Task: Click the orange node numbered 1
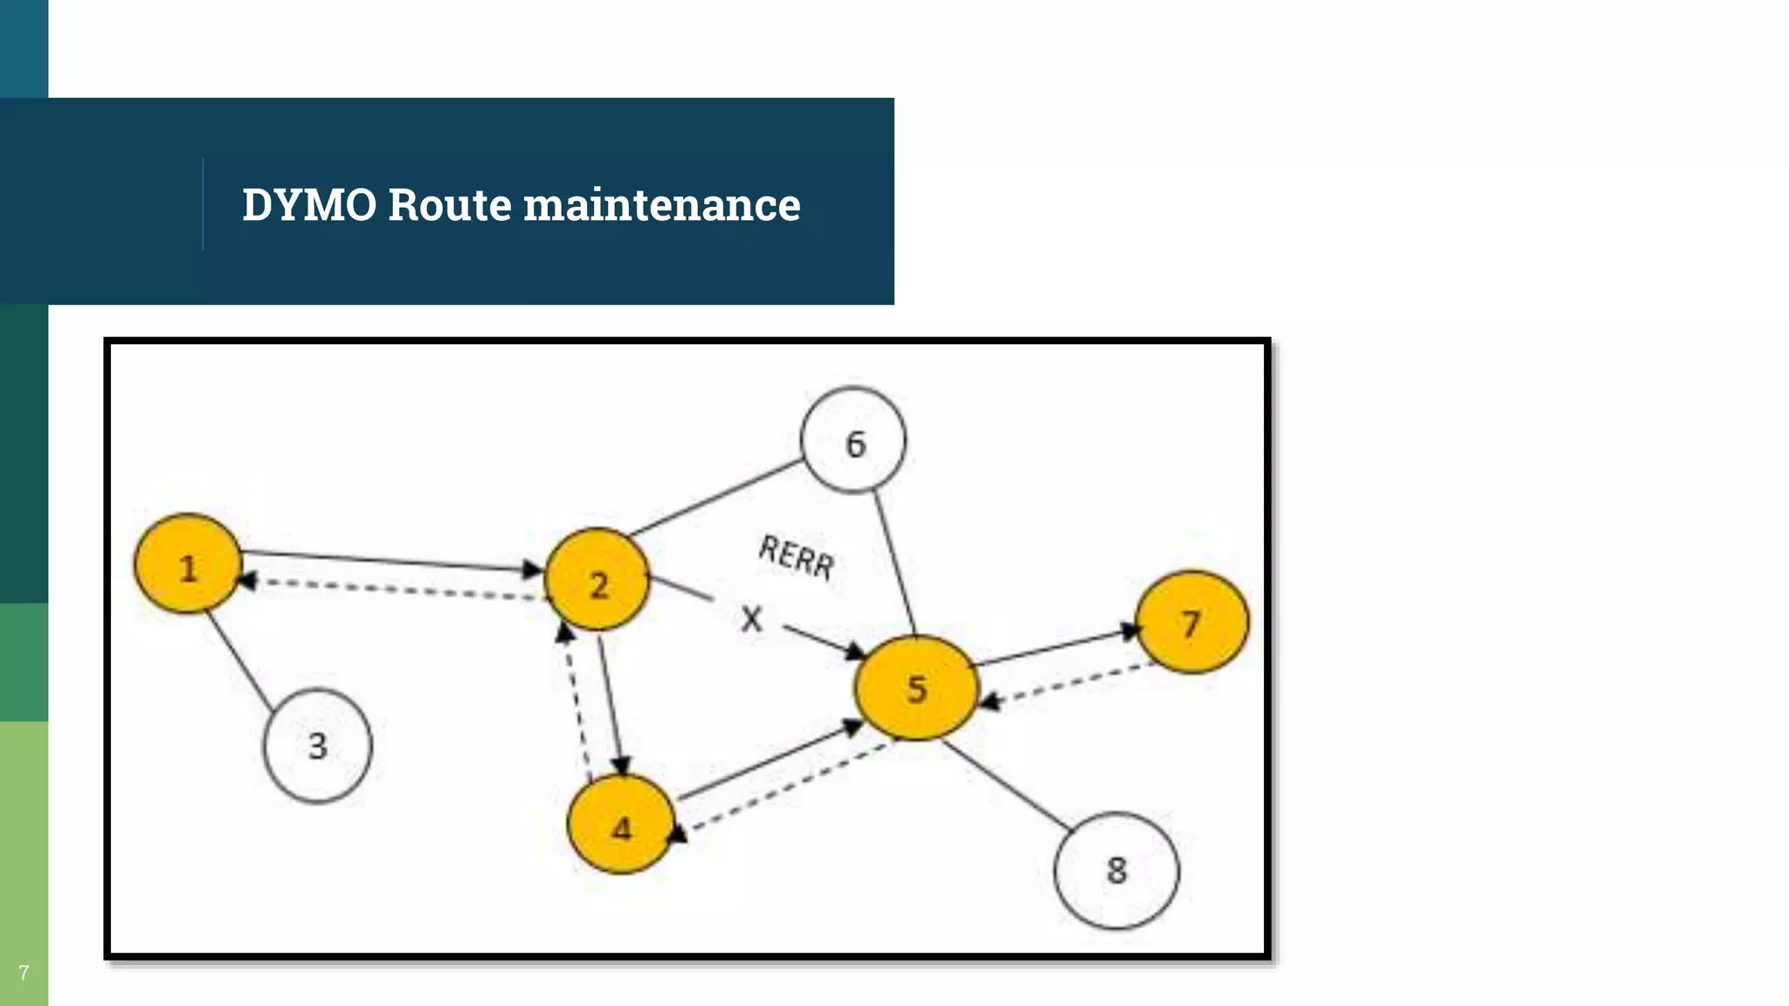pos(187,564)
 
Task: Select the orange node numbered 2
pos(597,580)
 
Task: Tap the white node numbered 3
pos(318,745)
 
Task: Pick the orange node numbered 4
pos(621,824)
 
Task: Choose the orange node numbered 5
pos(915,688)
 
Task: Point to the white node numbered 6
pos(853,441)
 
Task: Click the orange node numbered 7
pos(1192,622)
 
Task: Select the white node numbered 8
pos(1116,869)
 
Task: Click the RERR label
pos(796,556)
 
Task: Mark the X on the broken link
pos(751,619)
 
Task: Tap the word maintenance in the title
pos(661,205)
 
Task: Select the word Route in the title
pos(449,205)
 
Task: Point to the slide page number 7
pos(24,973)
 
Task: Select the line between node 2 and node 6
pos(716,497)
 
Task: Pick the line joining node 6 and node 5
pos(894,563)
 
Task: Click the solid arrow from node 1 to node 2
pos(384,561)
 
